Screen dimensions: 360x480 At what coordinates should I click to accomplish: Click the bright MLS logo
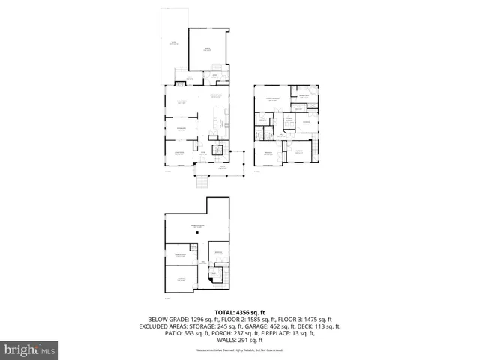pos(30,349)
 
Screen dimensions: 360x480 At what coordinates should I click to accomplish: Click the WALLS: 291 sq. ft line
pos(239,340)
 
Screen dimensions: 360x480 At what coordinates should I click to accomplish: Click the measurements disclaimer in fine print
pos(239,350)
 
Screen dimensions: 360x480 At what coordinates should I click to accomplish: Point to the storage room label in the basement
pos(180,279)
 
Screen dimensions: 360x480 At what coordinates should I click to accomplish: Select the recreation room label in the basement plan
pos(197,226)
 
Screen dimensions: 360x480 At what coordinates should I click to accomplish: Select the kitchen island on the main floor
pos(215,116)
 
